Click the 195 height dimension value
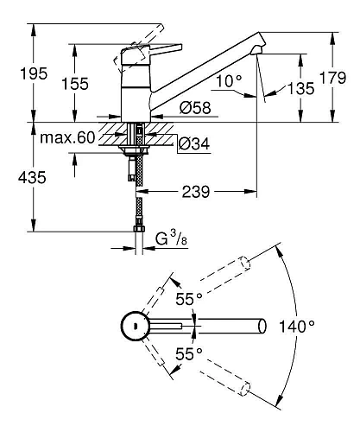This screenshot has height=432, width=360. click(x=34, y=73)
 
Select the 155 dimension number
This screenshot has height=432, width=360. click(x=75, y=84)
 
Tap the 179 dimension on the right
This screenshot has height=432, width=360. click(x=333, y=78)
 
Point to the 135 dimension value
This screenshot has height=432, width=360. click(x=301, y=88)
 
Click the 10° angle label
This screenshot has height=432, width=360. click(x=229, y=81)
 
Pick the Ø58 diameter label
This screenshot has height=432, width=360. click(x=195, y=108)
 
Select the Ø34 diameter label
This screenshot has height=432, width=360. click(x=194, y=143)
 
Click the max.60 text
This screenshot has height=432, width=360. click(x=67, y=137)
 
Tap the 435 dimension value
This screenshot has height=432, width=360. click(x=32, y=177)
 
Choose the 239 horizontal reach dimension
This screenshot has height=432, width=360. click(x=196, y=192)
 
